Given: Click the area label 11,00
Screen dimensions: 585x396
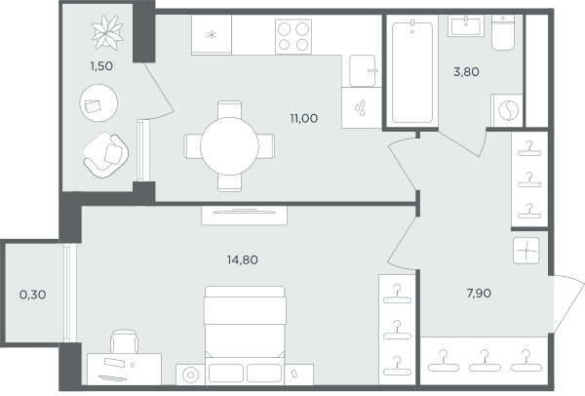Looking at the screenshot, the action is pos(304,119).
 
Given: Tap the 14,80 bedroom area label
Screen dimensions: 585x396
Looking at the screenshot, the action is pos(243,259).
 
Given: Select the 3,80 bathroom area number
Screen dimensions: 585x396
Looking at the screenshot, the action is pos(466,71).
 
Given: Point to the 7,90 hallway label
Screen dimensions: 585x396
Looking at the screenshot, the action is pos(479,294).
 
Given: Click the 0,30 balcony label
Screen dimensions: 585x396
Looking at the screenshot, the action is pos(33,295).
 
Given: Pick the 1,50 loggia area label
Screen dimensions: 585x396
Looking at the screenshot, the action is pos(101,66).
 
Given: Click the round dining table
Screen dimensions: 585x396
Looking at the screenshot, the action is pos(229,146).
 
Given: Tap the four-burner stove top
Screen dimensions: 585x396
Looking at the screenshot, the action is pos(293,37).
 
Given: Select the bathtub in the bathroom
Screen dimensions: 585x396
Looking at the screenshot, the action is pos(412,72).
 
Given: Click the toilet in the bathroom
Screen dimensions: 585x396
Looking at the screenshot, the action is pos(503,32).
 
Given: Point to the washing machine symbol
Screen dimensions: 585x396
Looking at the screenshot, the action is pos(508,110).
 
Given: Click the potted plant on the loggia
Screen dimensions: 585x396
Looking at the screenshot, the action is pos(107,32).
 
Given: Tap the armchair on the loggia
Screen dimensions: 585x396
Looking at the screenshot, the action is pos(105,155).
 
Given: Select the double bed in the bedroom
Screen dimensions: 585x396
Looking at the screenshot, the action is pos(245,334).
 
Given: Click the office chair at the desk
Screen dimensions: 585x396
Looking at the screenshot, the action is pos(124,341).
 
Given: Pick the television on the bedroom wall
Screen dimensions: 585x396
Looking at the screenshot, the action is pos(245,212).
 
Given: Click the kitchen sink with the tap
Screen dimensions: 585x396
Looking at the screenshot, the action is pos(363,71).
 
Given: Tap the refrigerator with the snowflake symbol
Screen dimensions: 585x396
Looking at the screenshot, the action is pos(212,35).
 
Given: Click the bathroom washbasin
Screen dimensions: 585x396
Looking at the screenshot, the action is pos(466,25).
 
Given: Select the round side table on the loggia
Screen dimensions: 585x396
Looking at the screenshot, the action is pos(98,103).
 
